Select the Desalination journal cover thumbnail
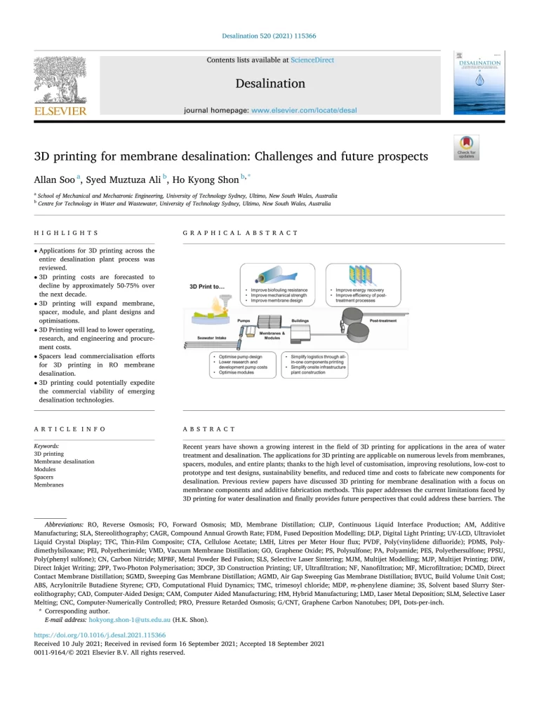click(479, 83)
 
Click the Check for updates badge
click(466, 147)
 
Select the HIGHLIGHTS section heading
click(66, 233)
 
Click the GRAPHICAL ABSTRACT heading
click(240, 233)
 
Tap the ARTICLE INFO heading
click(69, 428)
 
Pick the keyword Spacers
click(45, 477)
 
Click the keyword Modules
click(45, 469)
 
